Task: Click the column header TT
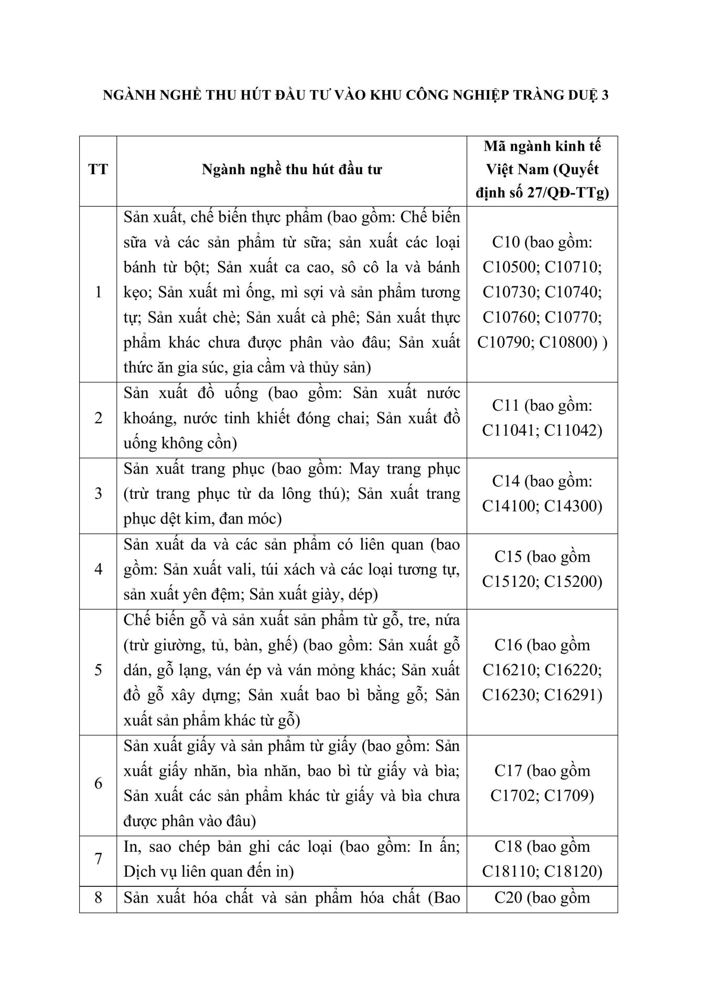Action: [x=98, y=170]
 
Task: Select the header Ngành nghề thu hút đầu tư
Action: [x=292, y=170]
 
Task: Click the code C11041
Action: [x=511, y=431]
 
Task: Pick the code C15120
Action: [x=511, y=582]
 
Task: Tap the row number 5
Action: [x=98, y=670]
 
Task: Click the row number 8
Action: [x=98, y=897]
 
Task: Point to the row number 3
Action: [x=98, y=494]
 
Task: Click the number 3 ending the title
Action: [x=605, y=96]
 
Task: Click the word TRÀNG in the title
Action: [x=516, y=96]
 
